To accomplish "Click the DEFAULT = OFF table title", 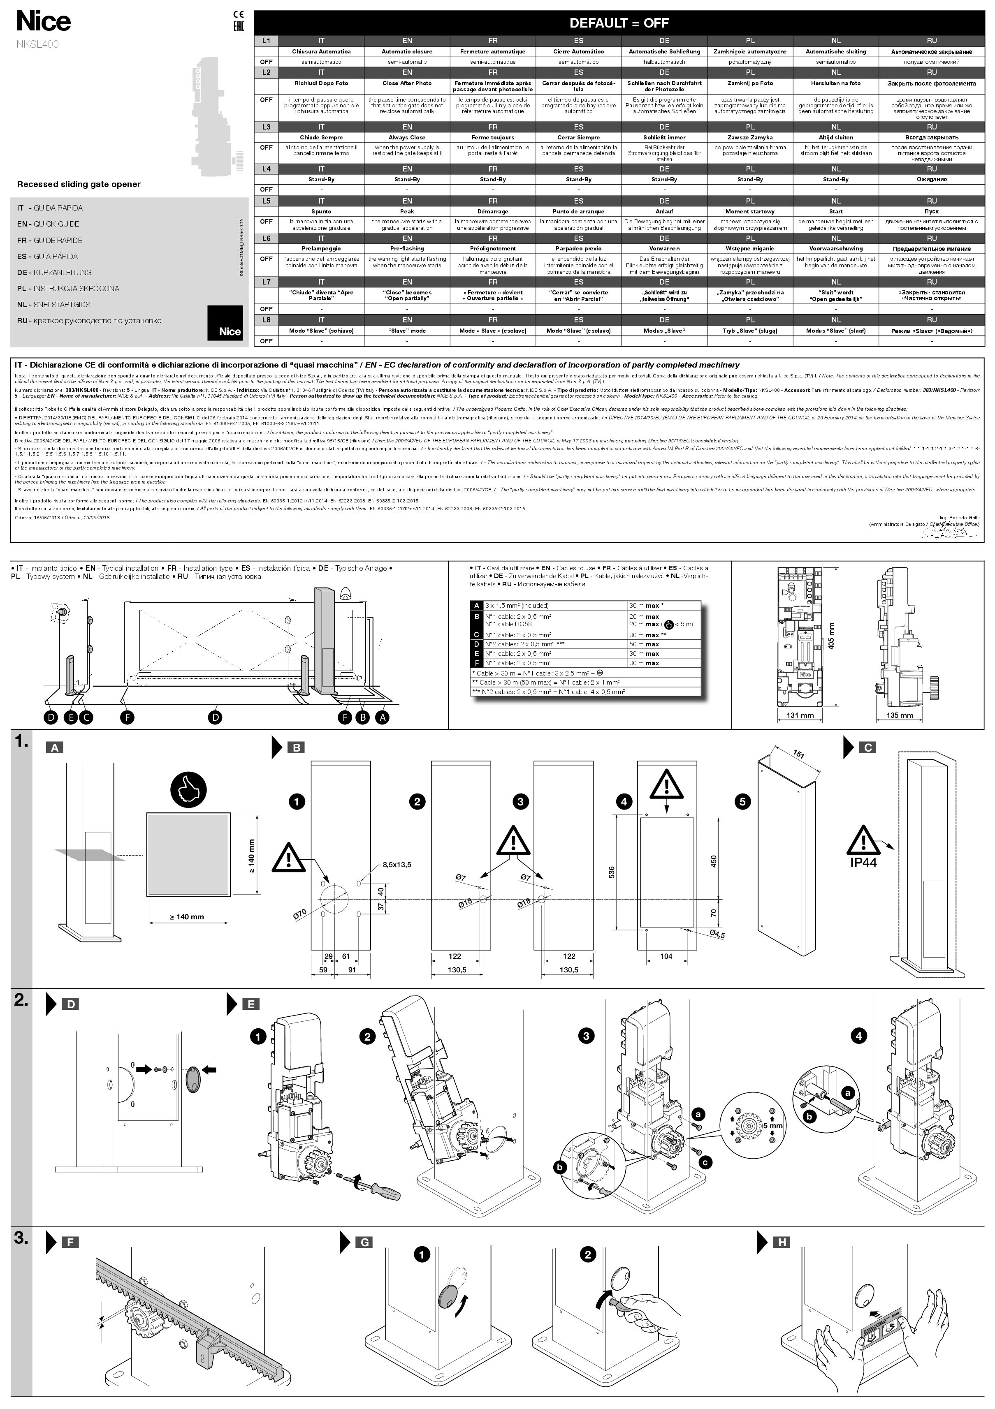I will point(618,23).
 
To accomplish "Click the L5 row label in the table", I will point(266,201).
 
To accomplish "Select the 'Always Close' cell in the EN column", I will point(407,137).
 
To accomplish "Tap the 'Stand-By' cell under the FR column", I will point(493,179).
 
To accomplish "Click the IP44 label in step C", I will point(863,862).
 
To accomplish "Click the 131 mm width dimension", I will point(800,715).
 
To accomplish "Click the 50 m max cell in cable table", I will point(643,644).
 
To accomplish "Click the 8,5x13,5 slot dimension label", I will point(397,865).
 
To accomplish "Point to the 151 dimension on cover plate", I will point(798,754).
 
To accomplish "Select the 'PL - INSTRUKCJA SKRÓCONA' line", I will point(68,289).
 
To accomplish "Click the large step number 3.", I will point(21,1238).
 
